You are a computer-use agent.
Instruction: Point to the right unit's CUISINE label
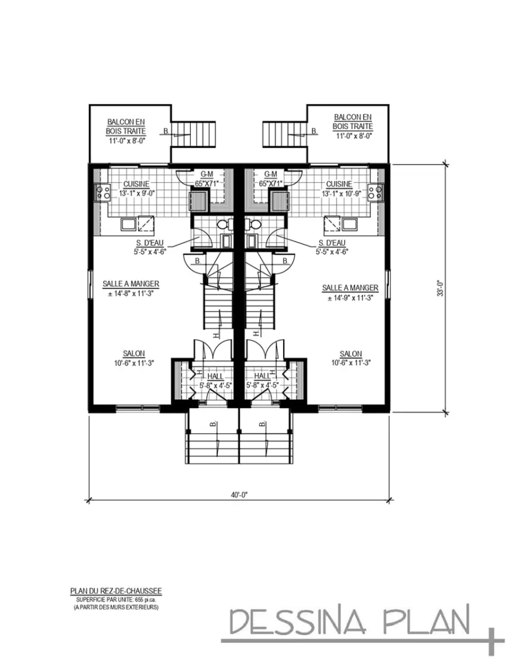[x=339, y=184]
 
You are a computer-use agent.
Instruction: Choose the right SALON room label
[x=351, y=353]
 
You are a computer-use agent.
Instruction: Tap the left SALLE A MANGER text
[x=131, y=283]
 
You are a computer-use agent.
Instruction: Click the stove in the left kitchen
[x=102, y=191]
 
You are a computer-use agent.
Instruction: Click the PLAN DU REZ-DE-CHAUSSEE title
[x=115, y=590]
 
